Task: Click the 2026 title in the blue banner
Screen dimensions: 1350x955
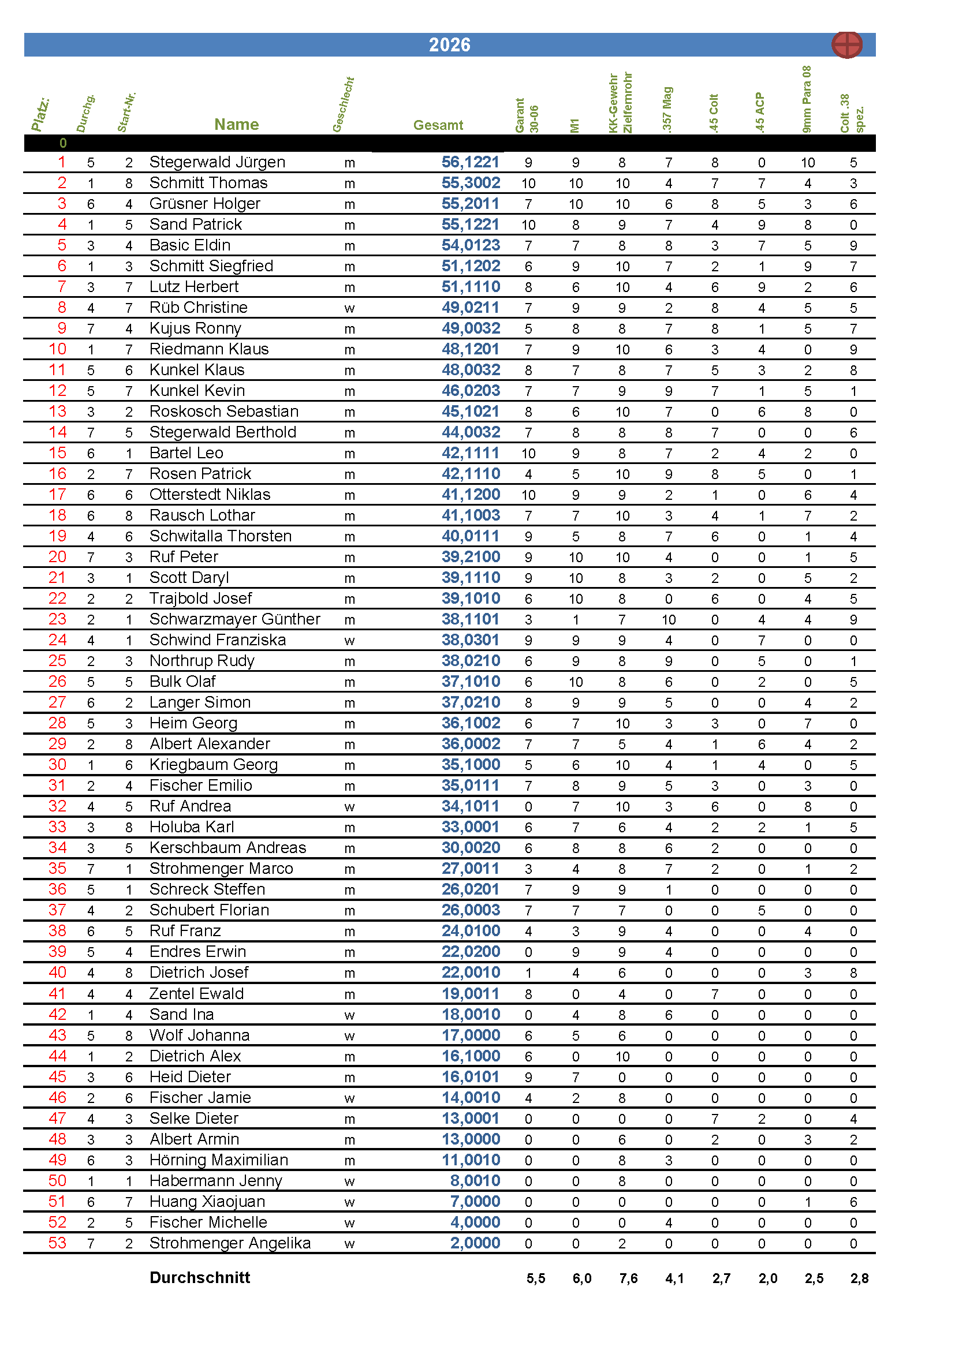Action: (x=449, y=44)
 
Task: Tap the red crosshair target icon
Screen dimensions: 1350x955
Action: (x=847, y=44)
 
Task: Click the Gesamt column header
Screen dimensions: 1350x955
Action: (x=438, y=125)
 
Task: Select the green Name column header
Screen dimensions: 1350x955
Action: (x=236, y=124)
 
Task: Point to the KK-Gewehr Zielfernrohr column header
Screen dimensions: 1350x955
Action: (x=620, y=103)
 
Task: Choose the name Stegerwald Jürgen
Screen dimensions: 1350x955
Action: (x=217, y=162)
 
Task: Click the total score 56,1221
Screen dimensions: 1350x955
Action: (x=471, y=162)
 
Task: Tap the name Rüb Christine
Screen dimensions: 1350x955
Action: (x=198, y=308)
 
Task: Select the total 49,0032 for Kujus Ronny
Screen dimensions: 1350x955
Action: (x=471, y=328)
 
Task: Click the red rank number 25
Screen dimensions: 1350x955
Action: (x=57, y=660)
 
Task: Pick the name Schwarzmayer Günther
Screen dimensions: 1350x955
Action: (x=234, y=619)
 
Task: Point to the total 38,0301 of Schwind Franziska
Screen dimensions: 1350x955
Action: (x=471, y=640)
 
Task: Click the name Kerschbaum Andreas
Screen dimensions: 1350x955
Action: (x=227, y=847)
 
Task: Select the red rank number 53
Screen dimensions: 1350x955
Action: (x=57, y=1243)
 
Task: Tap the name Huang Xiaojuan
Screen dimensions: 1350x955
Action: (x=207, y=1201)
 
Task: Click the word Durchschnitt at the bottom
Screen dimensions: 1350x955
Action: (x=200, y=1277)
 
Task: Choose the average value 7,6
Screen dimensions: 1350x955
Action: (x=628, y=1278)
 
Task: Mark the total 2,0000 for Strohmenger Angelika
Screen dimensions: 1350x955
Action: (x=475, y=1243)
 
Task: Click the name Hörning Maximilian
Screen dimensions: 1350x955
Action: (x=219, y=1160)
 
